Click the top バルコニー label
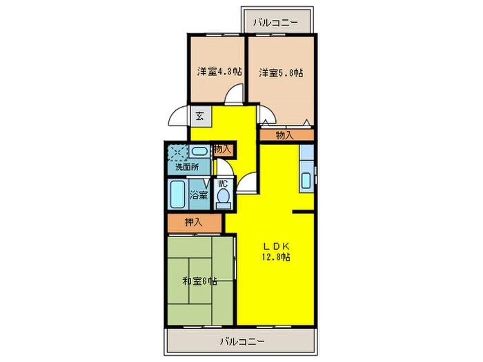point(275,23)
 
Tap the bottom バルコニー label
point(243,341)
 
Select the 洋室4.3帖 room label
point(219,71)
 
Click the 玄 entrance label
point(199,116)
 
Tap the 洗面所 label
point(186,167)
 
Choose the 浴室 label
point(199,195)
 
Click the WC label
point(223,184)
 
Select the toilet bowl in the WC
point(223,198)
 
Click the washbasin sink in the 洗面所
point(200,152)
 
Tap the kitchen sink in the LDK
point(306,180)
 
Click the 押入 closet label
point(193,223)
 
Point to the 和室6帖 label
point(200,281)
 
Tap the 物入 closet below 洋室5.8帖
point(284,135)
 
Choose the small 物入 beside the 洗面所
point(221,149)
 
